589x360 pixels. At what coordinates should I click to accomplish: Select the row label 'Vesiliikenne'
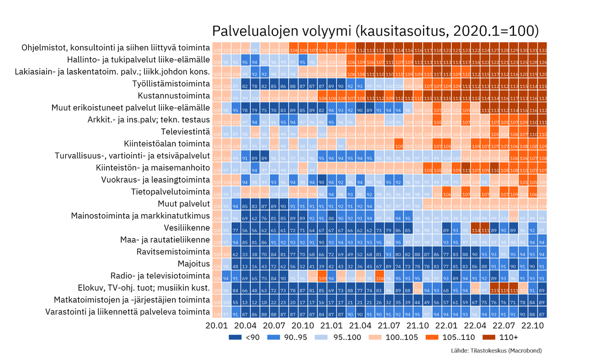[x=187, y=228]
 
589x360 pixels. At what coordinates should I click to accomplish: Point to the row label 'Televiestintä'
[x=186, y=132]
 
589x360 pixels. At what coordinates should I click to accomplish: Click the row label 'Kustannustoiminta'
[x=174, y=96]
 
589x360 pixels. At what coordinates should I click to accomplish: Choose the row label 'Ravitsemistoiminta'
[x=173, y=252]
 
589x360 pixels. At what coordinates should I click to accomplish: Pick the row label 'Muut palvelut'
[x=184, y=204]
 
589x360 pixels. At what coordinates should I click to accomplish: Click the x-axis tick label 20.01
[x=216, y=326]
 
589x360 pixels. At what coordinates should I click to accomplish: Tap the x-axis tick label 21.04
[x=360, y=326]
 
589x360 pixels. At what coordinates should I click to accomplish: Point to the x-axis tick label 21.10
[x=418, y=326]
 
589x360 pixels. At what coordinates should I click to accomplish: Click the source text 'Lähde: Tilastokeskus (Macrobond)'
[x=496, y=351]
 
